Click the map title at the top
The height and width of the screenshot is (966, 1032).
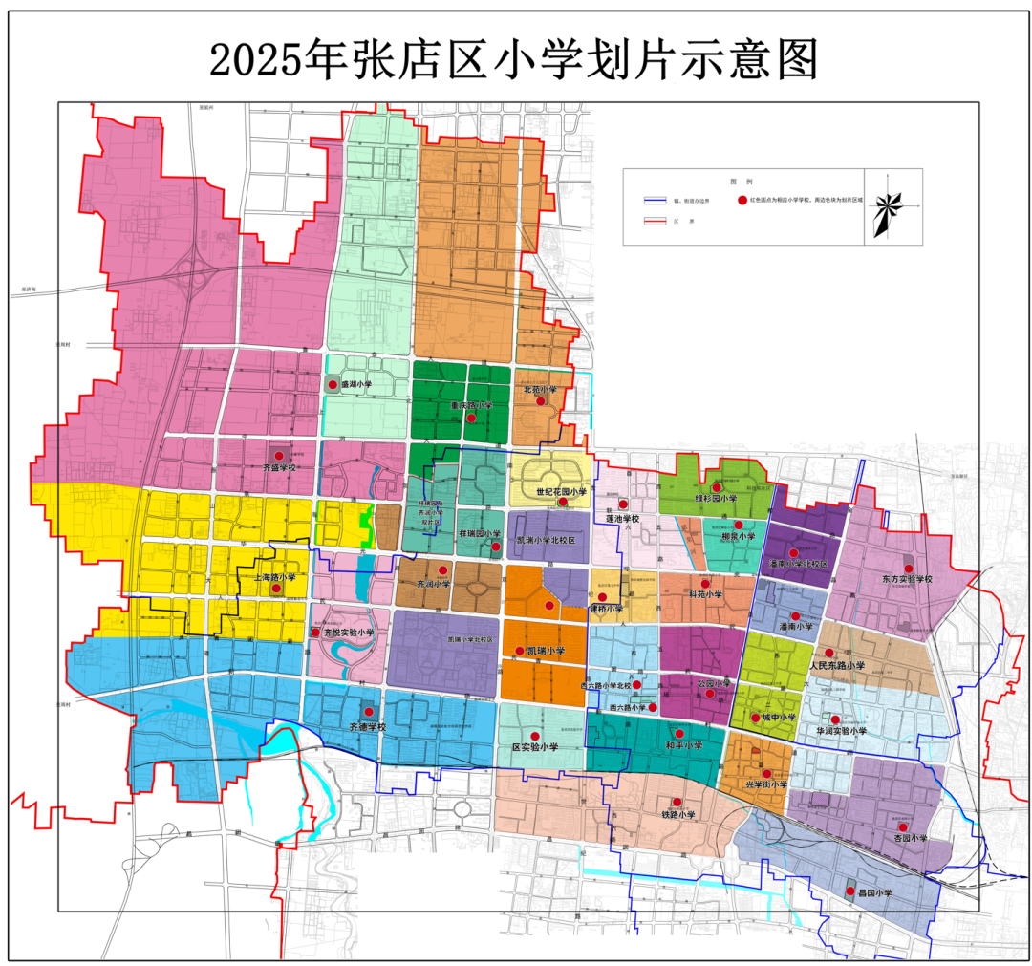[x=514, y=59]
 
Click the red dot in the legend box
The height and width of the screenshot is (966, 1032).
[x=742, y=201]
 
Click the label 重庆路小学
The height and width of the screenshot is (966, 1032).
[x=472, y=406]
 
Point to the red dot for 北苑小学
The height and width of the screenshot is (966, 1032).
[x=541, y=401]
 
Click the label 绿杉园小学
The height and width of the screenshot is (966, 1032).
[x=716, y=499]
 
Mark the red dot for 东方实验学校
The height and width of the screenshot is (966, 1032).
[x=908, y=569]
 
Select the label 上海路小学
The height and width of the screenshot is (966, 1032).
[x=275, y=578]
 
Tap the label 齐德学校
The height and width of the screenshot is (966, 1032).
[x=367, y=727]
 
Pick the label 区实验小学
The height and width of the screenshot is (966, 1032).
[x=535, y=747]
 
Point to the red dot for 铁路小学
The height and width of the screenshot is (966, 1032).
[x=677, y=803]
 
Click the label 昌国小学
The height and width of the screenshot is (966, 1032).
[x=869, y=893]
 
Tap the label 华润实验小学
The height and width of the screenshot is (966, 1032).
[x=841, y=731]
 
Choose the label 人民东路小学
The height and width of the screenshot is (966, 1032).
[x=837, y=665]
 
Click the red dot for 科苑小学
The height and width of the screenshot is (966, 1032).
[x=705, y=583]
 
